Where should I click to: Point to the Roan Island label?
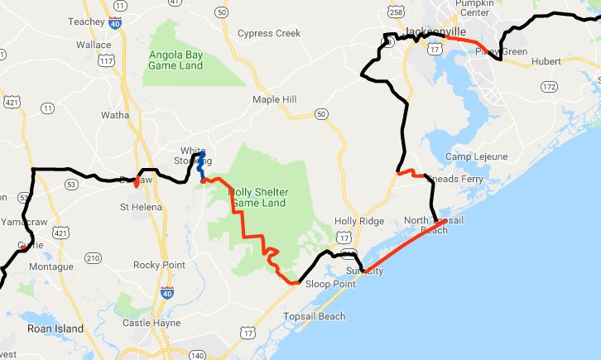(55, 329)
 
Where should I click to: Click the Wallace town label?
(94, 45)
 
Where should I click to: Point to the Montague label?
(51, 266)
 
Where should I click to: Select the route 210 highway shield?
(93, 258)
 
